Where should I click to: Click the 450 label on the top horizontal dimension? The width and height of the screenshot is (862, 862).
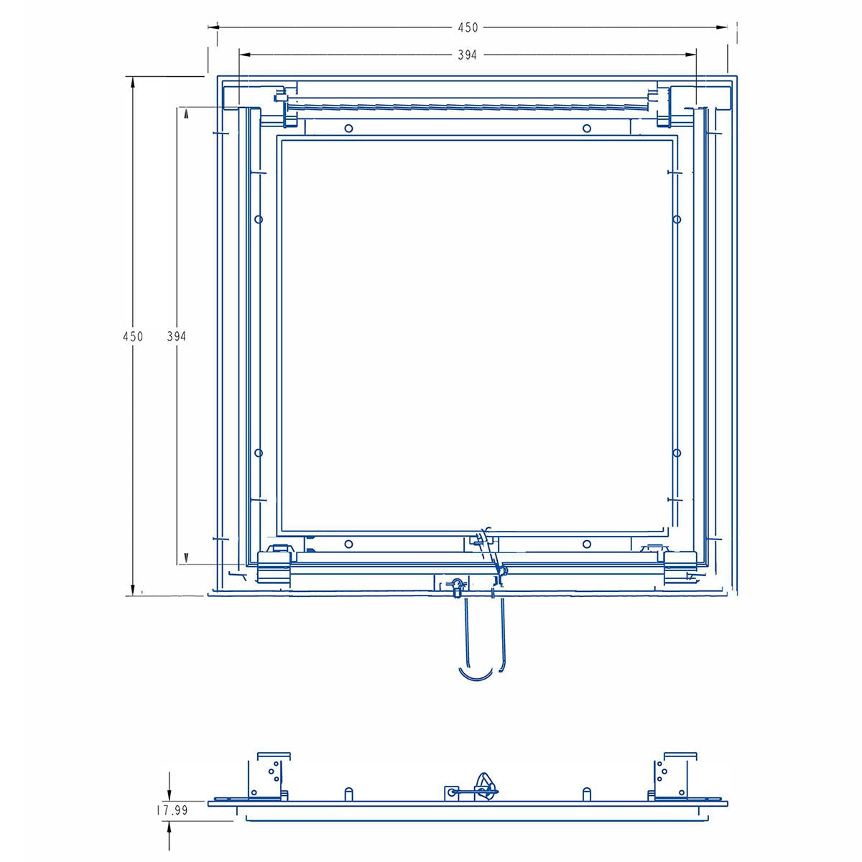(468, 28)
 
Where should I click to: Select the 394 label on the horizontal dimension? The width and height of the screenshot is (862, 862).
(467, 55)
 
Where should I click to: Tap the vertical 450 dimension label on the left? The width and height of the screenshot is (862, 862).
(133, 336)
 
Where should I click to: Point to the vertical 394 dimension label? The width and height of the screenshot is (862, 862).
(176, 336)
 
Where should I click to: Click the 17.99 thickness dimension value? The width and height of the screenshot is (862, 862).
(172, 810)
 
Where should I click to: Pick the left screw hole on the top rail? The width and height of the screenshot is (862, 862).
(348, 129)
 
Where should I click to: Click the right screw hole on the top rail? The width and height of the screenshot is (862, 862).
(586, 129)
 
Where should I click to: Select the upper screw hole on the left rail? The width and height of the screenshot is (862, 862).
(259, 219)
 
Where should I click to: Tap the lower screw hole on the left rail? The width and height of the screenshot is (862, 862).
(259, 453)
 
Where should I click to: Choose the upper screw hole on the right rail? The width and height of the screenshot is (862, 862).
(677, 219)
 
